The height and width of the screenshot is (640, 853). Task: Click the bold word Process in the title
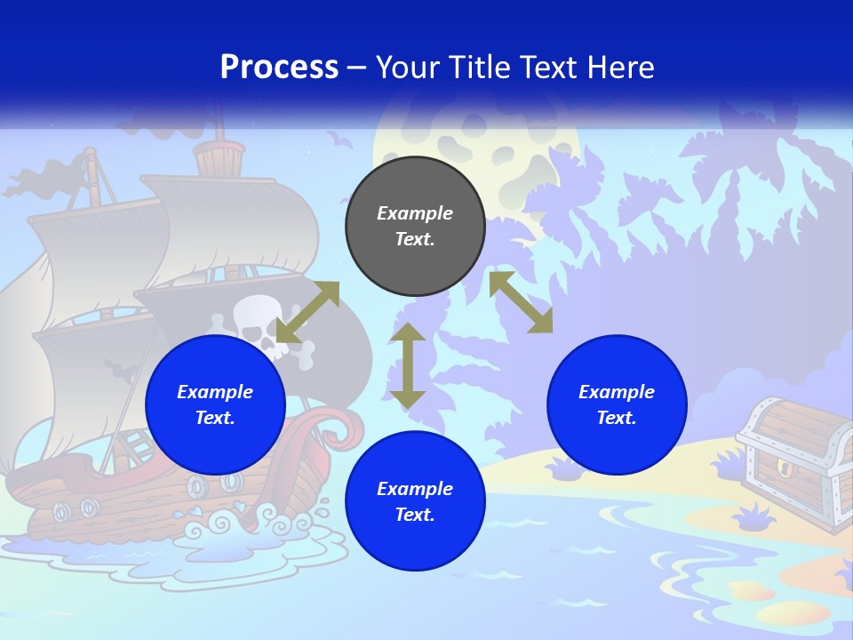(279, 68)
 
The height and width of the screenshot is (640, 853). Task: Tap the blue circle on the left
(215, 404)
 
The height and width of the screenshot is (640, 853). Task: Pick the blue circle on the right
(617, 404)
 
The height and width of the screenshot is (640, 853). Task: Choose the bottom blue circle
(415, 501)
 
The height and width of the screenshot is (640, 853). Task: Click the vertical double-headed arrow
(408, 366)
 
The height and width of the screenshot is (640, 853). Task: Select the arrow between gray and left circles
(307, 312)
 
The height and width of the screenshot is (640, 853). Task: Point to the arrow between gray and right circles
(521, 302)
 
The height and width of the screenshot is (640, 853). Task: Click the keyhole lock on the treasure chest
(784, 468)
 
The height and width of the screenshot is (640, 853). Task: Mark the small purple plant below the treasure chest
(756, 516)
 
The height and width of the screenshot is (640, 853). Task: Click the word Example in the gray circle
(415, 213)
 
